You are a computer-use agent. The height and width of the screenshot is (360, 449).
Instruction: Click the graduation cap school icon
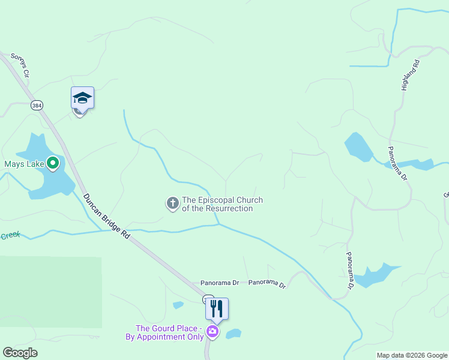coord(82,98)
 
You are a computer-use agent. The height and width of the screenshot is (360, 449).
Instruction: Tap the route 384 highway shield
coord(37,105)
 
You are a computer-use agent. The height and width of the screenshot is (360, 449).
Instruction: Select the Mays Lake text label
coord(22,163)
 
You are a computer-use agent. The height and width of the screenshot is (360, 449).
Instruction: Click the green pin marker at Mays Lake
coord(53,163)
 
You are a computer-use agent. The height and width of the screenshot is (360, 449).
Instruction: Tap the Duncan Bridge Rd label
coord(106,217)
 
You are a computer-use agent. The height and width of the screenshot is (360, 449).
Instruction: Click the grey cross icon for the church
coord(172,203)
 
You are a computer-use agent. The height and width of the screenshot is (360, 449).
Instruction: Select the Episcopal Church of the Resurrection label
coord(222,204)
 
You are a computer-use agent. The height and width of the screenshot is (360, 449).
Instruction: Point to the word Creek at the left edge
coord(10,236)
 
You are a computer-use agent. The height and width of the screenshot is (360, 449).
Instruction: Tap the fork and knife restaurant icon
coord(217,308)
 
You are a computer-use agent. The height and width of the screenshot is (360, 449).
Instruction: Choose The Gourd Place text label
coord(167,332)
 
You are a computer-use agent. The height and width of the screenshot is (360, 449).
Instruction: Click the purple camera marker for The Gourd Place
coord(212,331)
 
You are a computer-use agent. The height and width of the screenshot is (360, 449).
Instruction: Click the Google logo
coord(20,353)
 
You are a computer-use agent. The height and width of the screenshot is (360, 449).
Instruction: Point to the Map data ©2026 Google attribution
coord(412,355)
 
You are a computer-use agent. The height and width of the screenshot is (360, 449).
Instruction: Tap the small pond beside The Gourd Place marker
coord(234,334)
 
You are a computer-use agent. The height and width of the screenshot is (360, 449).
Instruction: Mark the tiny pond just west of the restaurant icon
coord(178,305)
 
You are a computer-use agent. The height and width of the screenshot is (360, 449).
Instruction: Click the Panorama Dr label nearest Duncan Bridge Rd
coord(219,282)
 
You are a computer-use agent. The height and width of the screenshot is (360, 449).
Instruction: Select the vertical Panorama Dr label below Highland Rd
coord(397,164)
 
